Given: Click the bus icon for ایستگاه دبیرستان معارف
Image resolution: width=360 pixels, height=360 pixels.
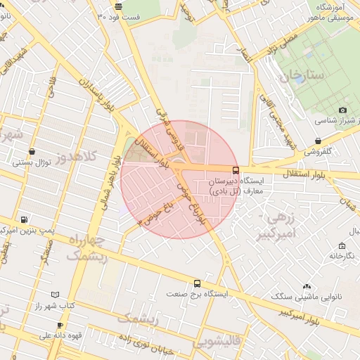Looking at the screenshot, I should pos(235,170).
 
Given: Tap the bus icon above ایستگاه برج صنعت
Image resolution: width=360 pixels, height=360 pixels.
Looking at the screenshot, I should pos(197,284).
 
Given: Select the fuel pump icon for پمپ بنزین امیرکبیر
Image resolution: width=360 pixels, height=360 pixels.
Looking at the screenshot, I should pos(25,219).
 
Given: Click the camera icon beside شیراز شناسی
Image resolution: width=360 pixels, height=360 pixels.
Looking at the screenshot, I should pos(342,110).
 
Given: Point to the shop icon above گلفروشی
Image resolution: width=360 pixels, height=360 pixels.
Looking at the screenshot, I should pos(319,141).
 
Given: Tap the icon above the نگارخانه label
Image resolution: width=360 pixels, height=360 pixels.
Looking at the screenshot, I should pos(342,245).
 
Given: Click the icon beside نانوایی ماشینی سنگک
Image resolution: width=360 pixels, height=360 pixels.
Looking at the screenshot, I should pos(307,286).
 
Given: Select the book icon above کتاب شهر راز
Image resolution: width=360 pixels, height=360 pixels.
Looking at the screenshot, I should pos(56,295).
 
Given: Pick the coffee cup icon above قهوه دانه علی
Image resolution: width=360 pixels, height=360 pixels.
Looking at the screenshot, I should pos(60,325).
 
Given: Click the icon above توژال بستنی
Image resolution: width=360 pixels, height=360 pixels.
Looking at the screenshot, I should pos(32,152).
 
